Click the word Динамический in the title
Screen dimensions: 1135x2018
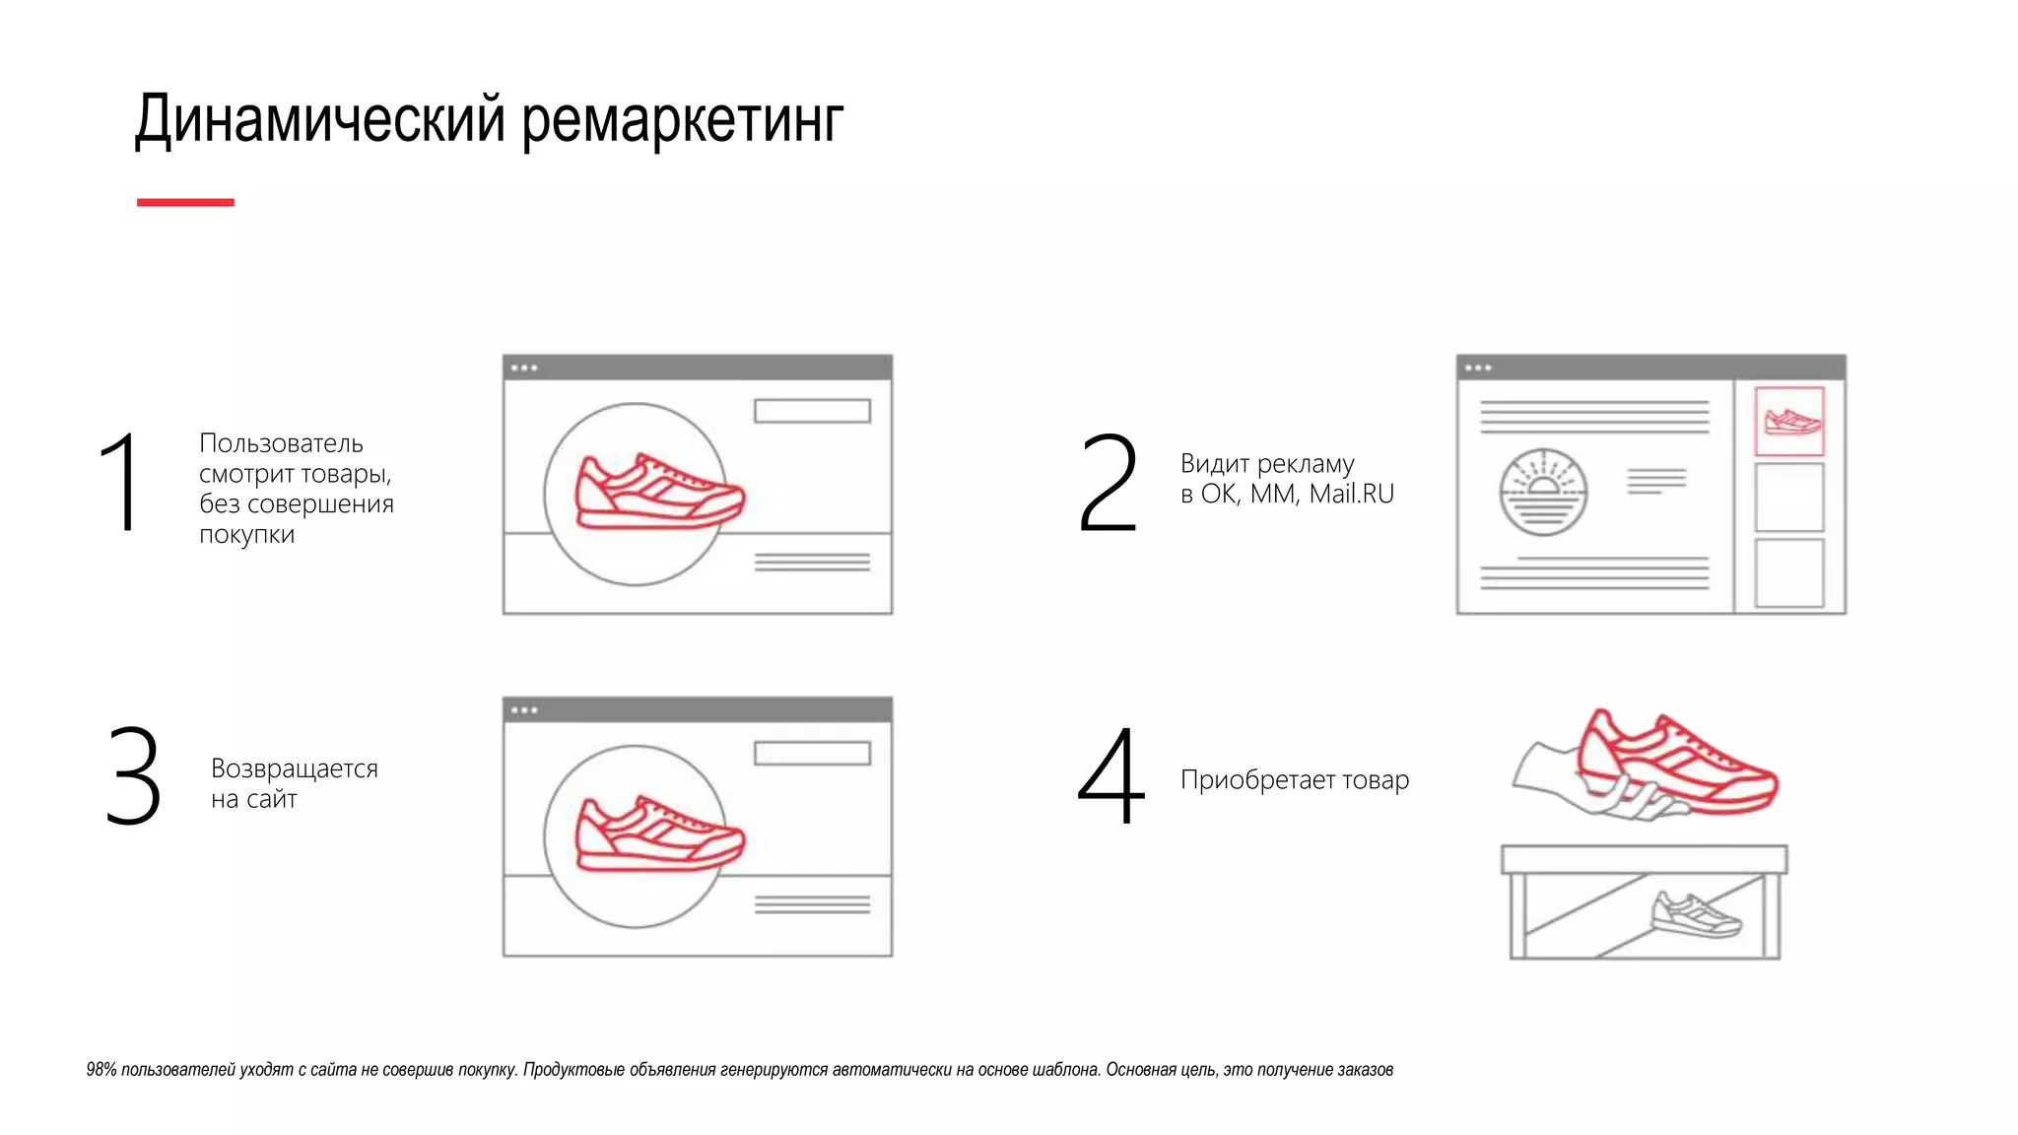coord(321,120)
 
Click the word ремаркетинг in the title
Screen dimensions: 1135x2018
coord(682,120)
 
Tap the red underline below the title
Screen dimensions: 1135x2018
coord(185,202)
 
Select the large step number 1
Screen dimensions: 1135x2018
coord(119,482)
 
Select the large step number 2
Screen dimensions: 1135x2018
coord(1108,482)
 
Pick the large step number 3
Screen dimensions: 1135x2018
coord(133,776)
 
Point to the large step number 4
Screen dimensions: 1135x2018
coord(1110,776)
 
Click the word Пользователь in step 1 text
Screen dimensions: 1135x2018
coord(281,443)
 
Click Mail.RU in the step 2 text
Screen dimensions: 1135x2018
coord(1351,494)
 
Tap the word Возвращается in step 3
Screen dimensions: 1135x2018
coord(294,768)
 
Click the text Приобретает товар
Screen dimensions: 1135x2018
coord(1294,780)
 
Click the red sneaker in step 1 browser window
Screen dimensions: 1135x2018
coord(658,493)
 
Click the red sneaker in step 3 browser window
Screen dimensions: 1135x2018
coord(658,835)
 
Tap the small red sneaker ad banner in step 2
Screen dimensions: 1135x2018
coord(1789,422)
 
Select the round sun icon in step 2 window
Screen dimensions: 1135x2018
coord(1543,492)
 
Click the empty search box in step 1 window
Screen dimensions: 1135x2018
coord(812,411)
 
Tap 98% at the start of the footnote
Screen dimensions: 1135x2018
coord(101,1070)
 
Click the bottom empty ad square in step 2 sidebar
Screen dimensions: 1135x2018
coord(1789,572)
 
